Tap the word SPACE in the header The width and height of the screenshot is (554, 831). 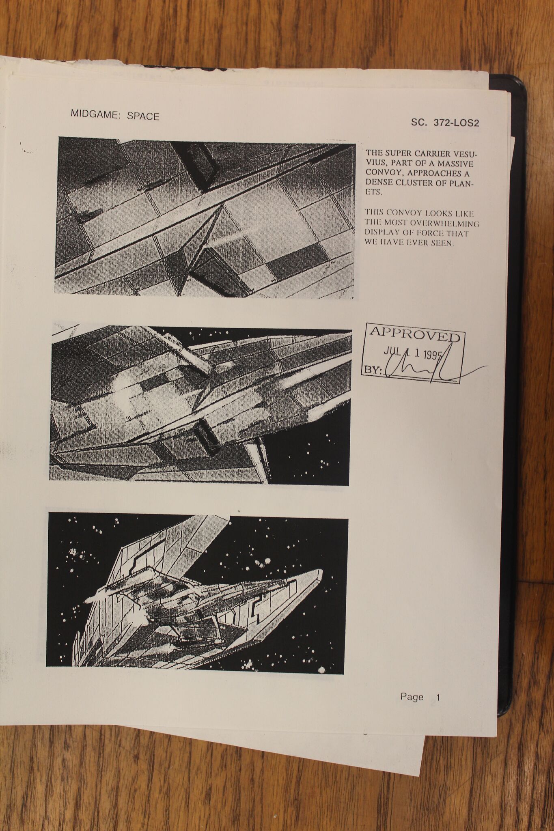point(143,116)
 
